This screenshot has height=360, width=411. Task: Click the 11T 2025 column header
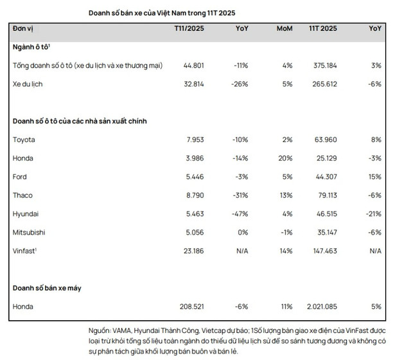[x=322, y=29]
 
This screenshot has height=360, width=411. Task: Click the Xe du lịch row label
[x=29, y=84]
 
